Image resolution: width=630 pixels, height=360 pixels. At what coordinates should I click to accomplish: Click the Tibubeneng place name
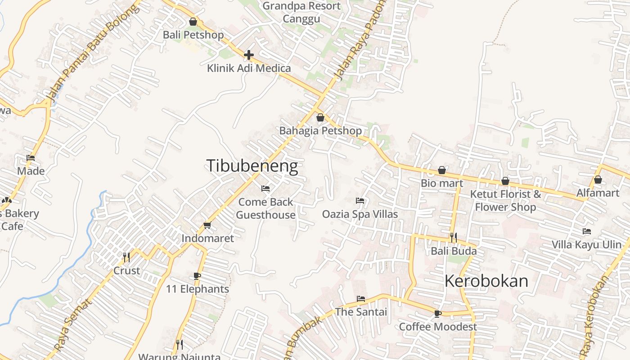pyautogui.click(x=252, y=166)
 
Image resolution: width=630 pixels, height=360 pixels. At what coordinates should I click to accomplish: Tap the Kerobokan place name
pyautogui.click(x=486, y=281)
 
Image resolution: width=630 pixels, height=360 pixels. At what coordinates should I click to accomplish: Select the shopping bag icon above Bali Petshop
pyautogui.click(x=193, y=22)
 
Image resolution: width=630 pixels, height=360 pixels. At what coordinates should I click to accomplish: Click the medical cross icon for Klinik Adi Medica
pyautogui.click(x=248, y=55)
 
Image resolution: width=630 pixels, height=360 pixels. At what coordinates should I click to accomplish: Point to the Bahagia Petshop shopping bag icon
pyautogui.click(x=320, y=118)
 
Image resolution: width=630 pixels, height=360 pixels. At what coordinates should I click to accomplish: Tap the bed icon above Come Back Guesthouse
pyautogui.click(x=265, y=189)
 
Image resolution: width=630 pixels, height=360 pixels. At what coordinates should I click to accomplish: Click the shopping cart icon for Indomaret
pyautogui.click(x=207, y=225)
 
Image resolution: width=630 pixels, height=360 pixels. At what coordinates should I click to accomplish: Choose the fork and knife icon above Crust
pyautogui.click(x=126, y=257)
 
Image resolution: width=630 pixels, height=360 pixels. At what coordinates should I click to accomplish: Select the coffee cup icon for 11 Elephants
pyautogui.click(x=197, y=276)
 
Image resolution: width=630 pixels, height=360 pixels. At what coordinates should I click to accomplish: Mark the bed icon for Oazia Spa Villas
pyautogui.click(x=360, y=200)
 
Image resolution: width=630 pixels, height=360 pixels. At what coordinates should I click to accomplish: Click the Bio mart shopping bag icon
pyautogui.click(x=442, y=171)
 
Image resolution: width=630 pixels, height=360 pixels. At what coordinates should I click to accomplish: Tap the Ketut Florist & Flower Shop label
pyautogui.click(x=505, y=200)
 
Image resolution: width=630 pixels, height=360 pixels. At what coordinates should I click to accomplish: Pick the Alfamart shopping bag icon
pyautogui.click(x=598, y=180)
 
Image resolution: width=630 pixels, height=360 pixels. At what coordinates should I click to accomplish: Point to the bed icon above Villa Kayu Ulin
pyautogui.click(x=587, y=231)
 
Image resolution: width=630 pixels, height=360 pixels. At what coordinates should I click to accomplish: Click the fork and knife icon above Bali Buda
pyautogui.click(x=453, y=237)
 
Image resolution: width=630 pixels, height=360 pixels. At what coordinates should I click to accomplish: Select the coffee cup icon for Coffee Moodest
pyautogui.click(x=437, y=314)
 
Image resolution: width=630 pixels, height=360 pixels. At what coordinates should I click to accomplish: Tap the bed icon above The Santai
pyautogui.click(x=360, y=298)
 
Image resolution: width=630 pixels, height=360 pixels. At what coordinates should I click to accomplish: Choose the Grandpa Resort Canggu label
pyautogui.click(x=301, y=12)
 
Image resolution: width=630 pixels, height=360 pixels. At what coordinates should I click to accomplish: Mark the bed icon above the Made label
pyautogui.click(x=31, y=158)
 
